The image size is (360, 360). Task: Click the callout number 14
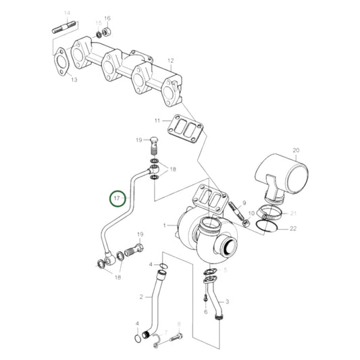[66, 14]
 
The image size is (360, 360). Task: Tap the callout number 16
[107, 18]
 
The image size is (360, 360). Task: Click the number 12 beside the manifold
[171, 61]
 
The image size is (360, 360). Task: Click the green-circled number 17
[118, 199]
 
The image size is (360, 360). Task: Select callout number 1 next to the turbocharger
[163, 224]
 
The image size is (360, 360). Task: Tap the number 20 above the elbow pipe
[295, 150]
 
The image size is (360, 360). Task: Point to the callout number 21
[293, 213]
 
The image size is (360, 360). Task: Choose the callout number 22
[293, 230]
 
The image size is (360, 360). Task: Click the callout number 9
[245, 203]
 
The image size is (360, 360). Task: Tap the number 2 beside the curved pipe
[142, 296]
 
